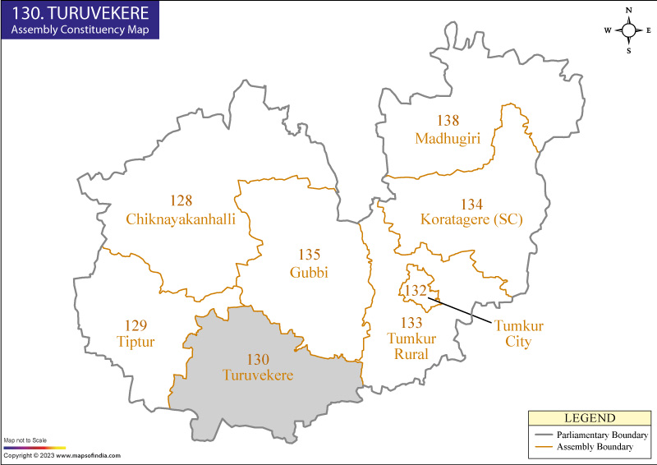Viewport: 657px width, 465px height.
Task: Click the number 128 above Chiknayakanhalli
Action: click(x=181, y=201)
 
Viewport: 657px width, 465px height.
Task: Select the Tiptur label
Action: click(x=136, y=341)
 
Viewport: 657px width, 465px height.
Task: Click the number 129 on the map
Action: click(x=136, y=325)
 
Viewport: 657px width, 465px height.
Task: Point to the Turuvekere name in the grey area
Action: click(x=257, y=375)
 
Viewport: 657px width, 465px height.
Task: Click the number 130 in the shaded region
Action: click(x=257, y=359)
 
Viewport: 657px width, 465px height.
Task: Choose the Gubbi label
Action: click(x=309, y=273)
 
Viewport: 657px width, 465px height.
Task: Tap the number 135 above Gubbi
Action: click(x=309, y=255)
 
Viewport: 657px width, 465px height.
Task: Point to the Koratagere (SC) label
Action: click(x=471, y=219)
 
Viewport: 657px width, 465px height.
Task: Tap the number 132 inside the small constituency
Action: click(x=416, y=290)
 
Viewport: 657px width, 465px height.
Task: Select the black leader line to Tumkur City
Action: click(x=460, y=309)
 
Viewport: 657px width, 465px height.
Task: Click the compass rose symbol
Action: click(x=629, y=30)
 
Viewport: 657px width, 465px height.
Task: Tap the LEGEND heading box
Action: click(x=589, y=418)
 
